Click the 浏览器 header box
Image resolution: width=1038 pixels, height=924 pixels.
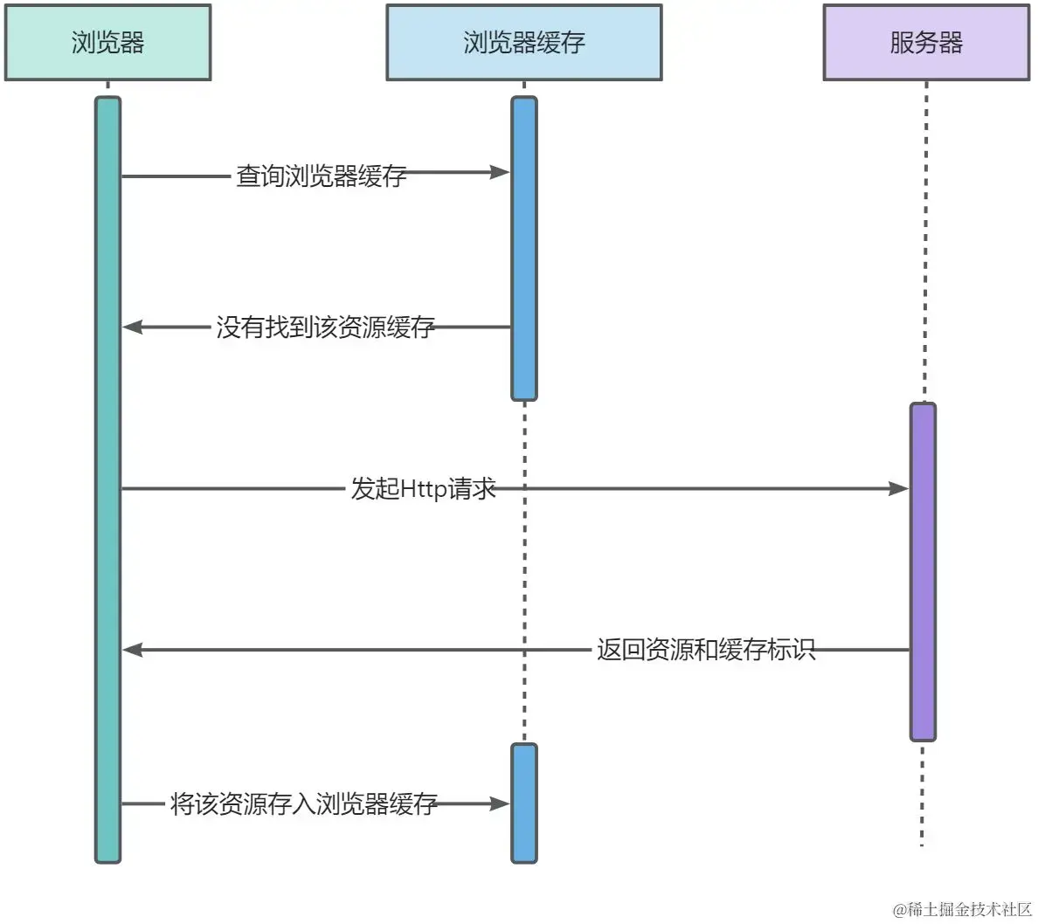(x=107, y=43)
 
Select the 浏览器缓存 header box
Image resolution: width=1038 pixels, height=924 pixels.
(x=524, y=43)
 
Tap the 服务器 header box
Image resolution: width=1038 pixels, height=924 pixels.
(x=927, y=43)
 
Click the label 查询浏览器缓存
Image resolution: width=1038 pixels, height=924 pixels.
(x=321, y=176)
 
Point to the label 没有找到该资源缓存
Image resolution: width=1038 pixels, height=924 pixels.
(x=326, y=327)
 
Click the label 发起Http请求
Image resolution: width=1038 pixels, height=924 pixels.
(x=423, y=488)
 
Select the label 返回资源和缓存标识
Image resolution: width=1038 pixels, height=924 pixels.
(x=706, y=649)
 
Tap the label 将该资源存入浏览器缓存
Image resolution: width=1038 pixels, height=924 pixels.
(x=304, y=803)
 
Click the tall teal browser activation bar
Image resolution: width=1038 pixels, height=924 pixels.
(x=107, y=479)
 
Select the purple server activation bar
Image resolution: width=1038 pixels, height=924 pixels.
(x=923, y=572)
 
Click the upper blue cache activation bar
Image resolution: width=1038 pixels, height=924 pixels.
(x=524, y=249)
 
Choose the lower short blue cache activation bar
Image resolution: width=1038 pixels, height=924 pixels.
(x=524, y=803)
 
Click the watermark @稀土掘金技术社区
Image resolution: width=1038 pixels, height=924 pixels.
(x=963, y=909)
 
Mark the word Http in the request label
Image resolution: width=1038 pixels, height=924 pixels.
(x=425, y=489)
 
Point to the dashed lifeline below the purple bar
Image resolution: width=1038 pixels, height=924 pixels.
(x=922, y=794)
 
